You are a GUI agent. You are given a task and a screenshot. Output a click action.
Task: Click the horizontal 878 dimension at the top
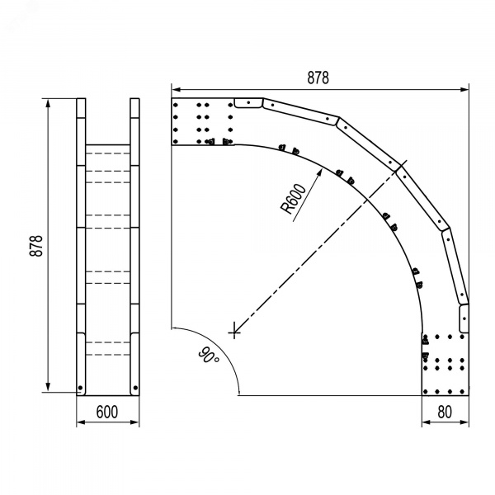(318, 78)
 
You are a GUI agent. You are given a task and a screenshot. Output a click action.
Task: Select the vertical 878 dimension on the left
(36, 246)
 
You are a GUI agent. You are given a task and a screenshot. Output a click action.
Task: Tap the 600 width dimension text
(107, 412)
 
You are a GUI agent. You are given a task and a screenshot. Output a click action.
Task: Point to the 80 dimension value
(445, 412)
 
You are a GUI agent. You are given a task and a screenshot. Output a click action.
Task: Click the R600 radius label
(293, 199)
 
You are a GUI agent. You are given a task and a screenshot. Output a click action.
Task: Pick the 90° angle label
(209, 355)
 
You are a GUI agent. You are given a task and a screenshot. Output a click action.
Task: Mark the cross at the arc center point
(234, 332)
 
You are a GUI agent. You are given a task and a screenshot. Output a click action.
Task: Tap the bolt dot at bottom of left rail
(80, 388)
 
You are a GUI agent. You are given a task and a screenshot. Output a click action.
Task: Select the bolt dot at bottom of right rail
(135, 388)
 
